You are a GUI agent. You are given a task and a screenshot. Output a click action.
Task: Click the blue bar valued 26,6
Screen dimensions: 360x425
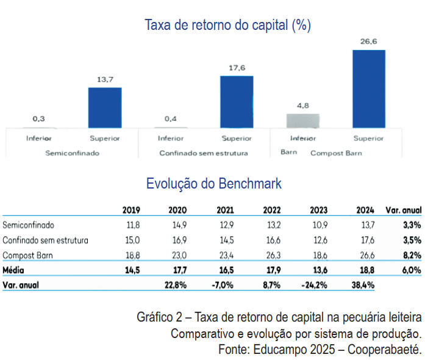[368, 88]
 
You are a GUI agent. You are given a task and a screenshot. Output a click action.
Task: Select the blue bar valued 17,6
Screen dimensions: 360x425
[237, 101]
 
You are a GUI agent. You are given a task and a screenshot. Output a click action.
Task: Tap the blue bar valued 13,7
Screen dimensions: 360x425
[105, 107]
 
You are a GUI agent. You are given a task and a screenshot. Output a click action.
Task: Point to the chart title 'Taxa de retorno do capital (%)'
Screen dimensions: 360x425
[228, 25]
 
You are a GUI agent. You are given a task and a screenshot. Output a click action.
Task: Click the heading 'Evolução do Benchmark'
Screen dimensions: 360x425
[214, 183]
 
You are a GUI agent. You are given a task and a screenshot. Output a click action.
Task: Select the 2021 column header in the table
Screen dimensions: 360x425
[225, 211]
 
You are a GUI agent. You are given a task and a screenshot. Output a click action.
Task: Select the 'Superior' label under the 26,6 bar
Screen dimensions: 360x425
[368, 138]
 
